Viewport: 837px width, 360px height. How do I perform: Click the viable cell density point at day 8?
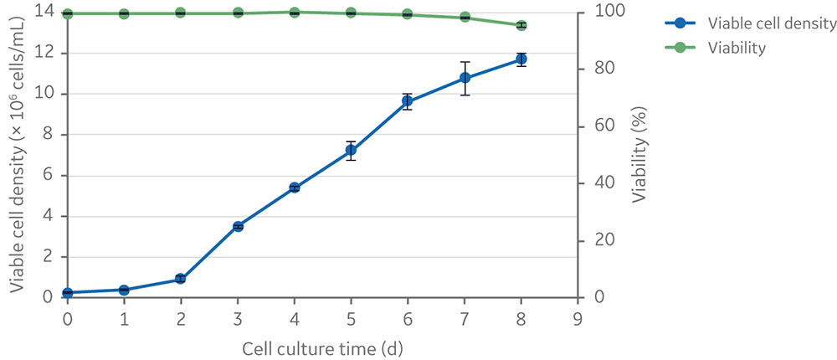tap(521, 59)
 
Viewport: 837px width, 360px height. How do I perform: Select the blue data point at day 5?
tap(351, 151)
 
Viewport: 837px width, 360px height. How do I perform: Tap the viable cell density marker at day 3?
tap(238, 226)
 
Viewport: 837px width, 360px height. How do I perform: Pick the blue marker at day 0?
tap(67, 293)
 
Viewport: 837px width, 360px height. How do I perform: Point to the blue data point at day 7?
tap(465, 78)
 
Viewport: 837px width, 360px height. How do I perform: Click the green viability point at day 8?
tap(521, 26)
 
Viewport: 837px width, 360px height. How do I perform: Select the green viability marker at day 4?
tap(295, 13)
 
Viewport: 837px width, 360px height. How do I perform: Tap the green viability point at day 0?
tap(67, 14)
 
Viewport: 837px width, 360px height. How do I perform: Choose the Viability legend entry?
tap(737, 49)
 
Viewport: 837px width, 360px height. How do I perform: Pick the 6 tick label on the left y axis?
tap(48, 176)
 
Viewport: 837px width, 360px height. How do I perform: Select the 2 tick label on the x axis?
tap(181, 319)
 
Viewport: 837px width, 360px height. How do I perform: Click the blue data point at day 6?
tap(408, 101)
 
